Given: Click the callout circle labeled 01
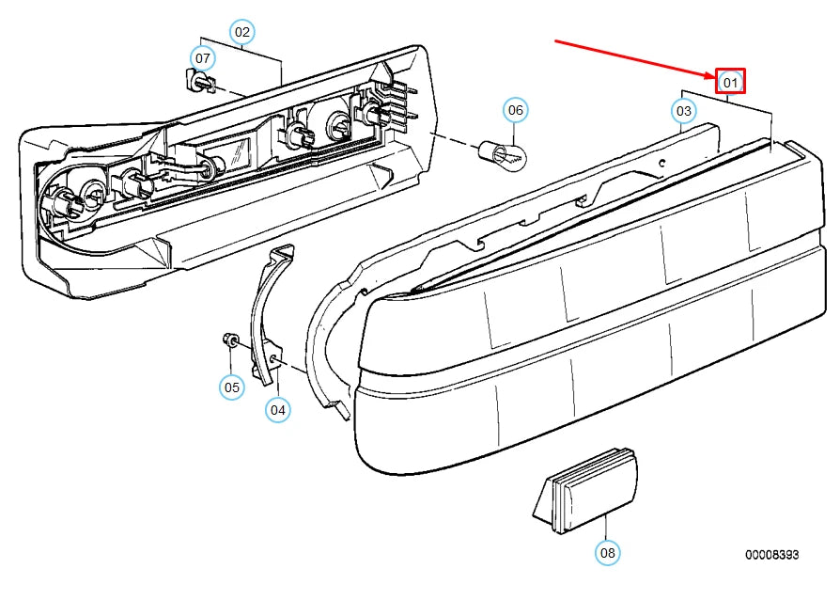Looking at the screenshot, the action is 730,82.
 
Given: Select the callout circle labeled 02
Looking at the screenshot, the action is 242,32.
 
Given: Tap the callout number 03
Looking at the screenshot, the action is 684,111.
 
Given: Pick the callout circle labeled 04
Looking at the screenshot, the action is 277,410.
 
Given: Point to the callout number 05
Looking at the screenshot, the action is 231,387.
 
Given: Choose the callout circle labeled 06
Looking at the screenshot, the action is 515,110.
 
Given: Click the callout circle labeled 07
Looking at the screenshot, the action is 203,58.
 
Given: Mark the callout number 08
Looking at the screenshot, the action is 608,553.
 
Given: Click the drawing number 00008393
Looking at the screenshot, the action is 771,555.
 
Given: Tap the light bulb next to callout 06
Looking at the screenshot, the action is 503,154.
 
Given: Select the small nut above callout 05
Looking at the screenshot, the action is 229,340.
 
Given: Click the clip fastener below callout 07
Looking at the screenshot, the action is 200,81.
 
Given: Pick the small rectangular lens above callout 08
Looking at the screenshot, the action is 586,490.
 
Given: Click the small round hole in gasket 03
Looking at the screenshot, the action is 662,163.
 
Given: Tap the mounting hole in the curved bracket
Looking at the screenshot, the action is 273,358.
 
